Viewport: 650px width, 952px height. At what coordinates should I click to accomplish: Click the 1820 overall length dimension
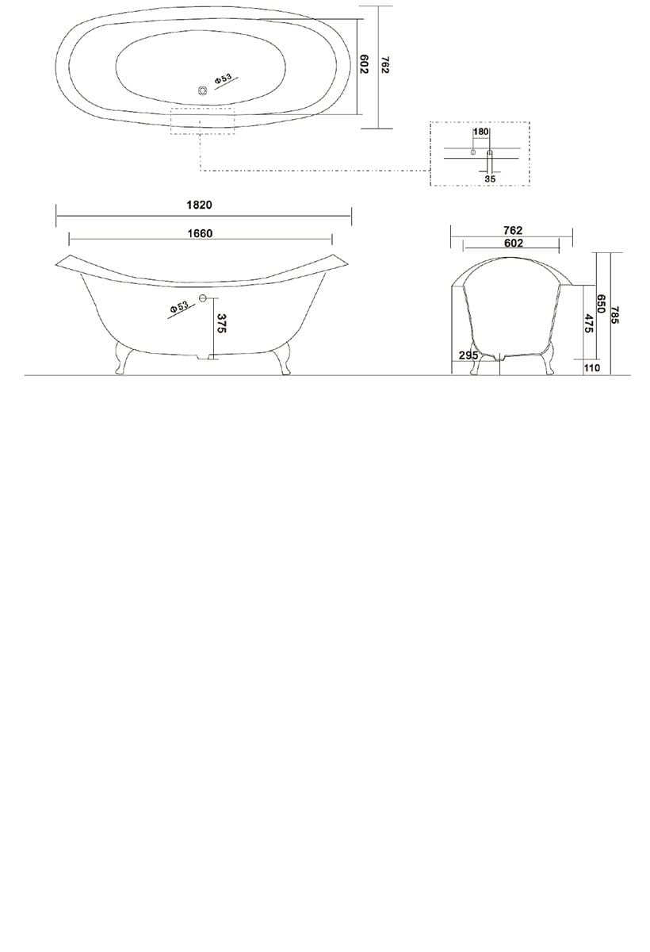(x=199, y=205)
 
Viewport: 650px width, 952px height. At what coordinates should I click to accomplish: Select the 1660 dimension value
(x=200, y=233)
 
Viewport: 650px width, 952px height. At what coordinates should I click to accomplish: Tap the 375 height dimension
(x=222, y=324)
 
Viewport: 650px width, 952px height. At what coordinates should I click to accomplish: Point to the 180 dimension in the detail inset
(x=480, y=132)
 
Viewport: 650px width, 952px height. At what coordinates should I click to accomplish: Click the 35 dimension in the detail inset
(x=490, y=179)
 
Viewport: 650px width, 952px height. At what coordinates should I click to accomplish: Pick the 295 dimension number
(x=468, y=355)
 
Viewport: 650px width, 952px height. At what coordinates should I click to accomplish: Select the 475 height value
(x=589, y=323)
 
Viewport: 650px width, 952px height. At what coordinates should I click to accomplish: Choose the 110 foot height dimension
(x=592, y=367)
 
